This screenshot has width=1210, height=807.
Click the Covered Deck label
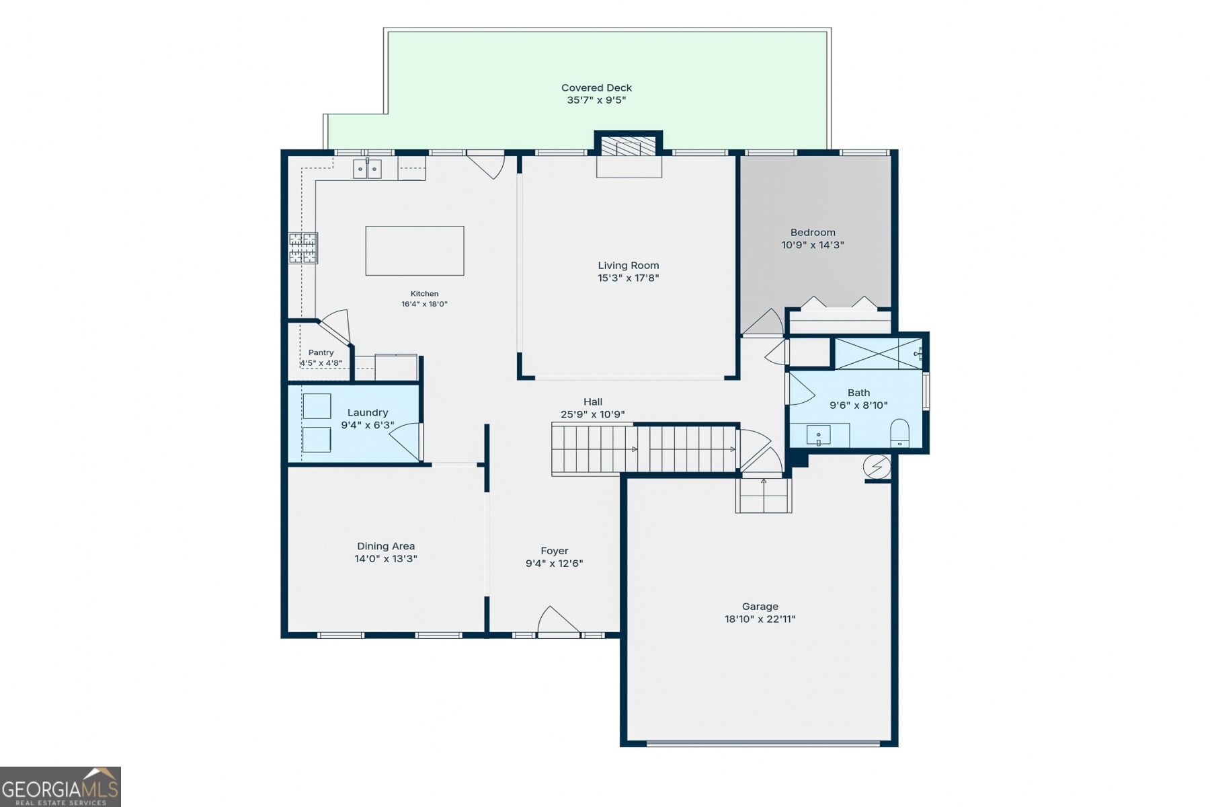click(x=596, y=87)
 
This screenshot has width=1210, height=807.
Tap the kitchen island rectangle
click(x=415, y=251)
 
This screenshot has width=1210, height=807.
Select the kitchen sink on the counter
click(x=367, y=169)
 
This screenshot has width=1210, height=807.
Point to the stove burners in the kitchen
click(x=303, y=247)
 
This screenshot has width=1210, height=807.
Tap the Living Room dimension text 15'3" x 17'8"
click(x=629, y=278)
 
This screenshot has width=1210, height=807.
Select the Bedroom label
click(x=813, y=233)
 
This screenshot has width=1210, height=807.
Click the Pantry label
click(x=321, y=352)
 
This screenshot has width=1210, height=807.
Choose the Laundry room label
click(x=368, y=412)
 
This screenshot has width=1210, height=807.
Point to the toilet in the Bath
click(x=899, y=432)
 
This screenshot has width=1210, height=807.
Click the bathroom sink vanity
click(x=819, y=435)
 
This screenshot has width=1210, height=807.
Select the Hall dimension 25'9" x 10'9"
click(x=593, y=414)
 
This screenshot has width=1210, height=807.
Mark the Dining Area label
click(x=386, y=546)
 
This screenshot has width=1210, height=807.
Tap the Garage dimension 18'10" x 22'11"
click(x=760, y=619)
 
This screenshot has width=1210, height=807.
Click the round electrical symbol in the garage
click(x=877, y=466)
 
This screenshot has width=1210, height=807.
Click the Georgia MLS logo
click(x=61, y=786)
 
